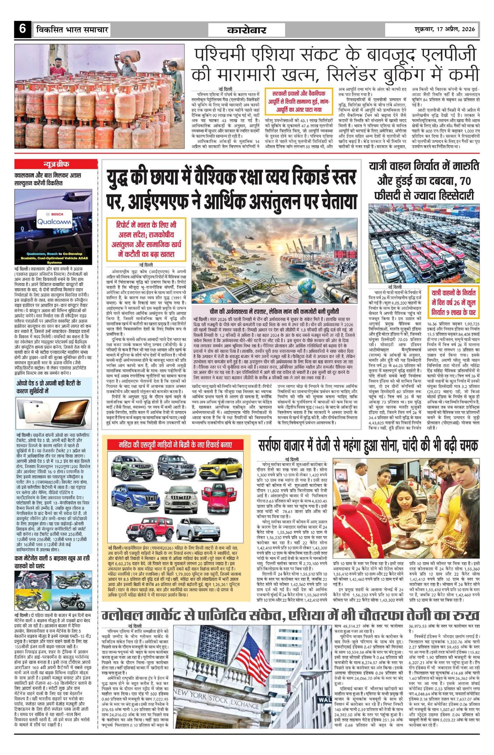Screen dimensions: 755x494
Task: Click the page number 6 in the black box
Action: pyautogui.click(x=23, y=29)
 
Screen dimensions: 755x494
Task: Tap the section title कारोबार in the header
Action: pyautogui.click(x=247, y=30)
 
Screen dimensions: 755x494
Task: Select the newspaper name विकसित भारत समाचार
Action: pyautogui.click(x=72, y=29)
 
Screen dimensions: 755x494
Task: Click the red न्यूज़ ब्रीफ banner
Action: pyautogui.click(x=56, y=165)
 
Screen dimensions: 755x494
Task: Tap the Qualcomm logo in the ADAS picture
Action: pyautogui.click(x=54, y=222)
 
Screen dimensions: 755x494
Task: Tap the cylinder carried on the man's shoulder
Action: pyautogui.click(x=129, y=56)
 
